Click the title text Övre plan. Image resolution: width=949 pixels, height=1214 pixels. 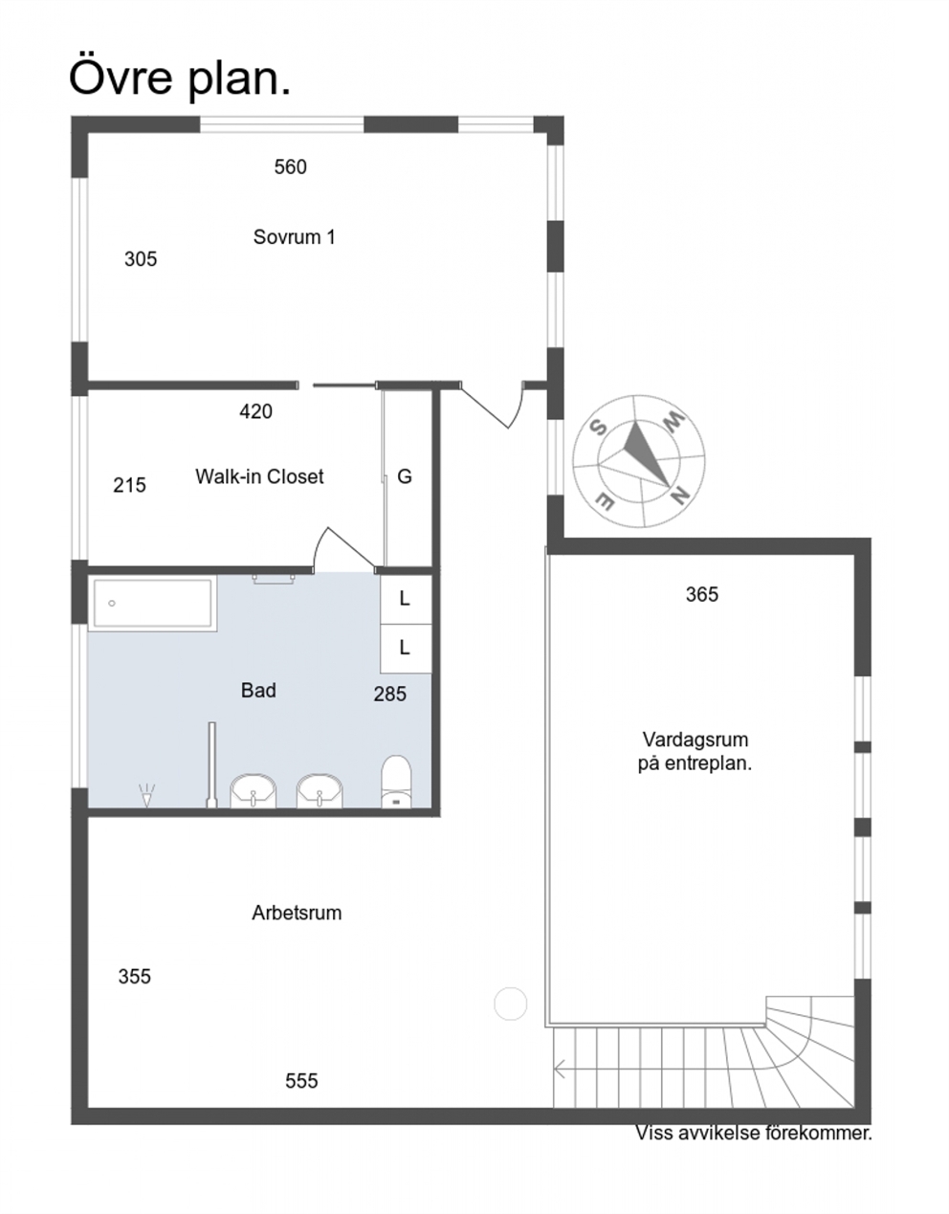click(180, 77)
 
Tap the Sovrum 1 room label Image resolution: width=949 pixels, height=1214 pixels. click(295, 237)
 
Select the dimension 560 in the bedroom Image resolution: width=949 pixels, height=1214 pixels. click(291, 167)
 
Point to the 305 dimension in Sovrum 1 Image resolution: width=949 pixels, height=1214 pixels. click(141, 259)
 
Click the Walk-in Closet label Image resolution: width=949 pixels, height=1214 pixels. click(260, 476)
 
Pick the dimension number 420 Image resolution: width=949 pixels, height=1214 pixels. click(255, 411)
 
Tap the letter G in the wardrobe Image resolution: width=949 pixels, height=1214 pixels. click(405, 476)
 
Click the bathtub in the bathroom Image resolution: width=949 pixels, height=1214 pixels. click(152, 604)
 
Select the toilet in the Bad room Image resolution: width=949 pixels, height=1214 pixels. click(396, 783)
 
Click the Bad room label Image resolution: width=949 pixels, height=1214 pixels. click(258, 691)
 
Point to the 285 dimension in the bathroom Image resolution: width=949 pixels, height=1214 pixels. click(390, 695)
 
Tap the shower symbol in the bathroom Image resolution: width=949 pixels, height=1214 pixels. click(147, 795)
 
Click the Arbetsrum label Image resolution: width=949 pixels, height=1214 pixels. click(297, 913)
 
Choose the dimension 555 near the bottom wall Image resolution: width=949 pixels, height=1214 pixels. click(301, 1081)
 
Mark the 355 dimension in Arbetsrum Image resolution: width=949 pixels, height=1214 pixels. click(135, 977)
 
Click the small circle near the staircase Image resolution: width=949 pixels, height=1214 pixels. click(511, 1004)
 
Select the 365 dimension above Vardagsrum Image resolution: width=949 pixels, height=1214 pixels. click(702, 594)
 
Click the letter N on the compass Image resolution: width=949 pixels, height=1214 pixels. click(680, 497)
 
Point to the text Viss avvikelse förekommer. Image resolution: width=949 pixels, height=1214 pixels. click(754, 1133)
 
